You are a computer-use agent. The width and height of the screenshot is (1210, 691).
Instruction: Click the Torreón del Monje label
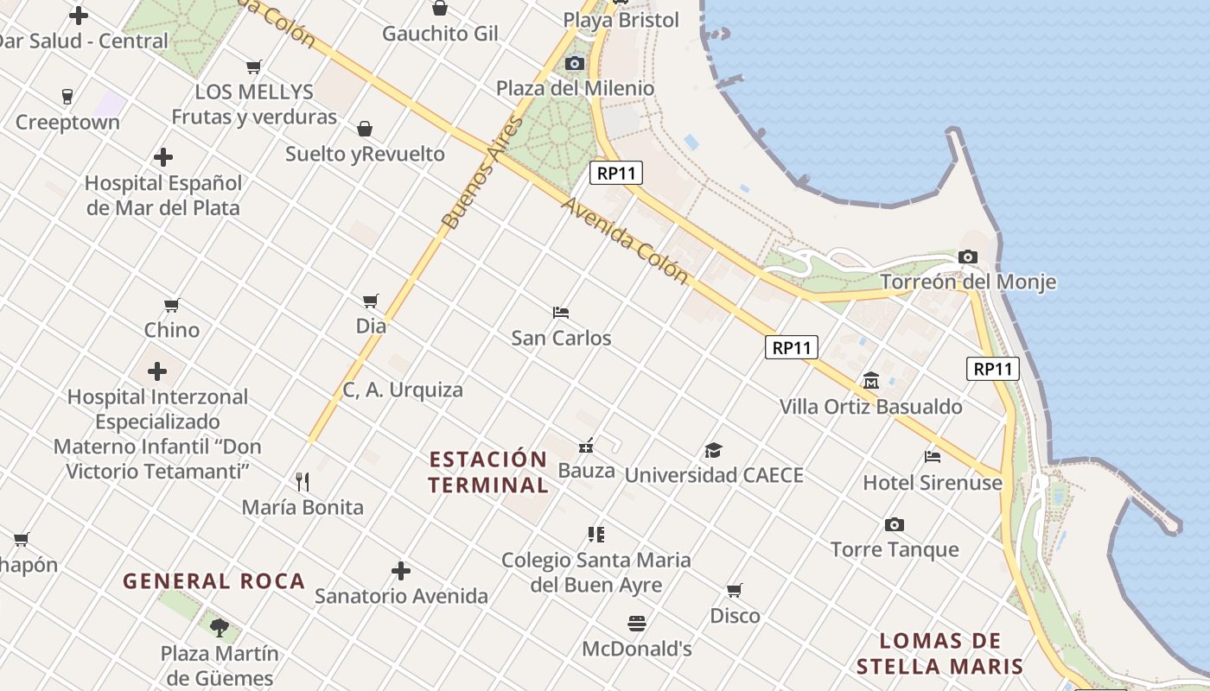point(968,282)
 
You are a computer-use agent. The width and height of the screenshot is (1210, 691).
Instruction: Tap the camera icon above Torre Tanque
point(895,524)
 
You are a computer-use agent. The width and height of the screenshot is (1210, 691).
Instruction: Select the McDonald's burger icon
point(637,624)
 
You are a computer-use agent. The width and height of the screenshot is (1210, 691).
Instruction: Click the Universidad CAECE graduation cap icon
point(713,450)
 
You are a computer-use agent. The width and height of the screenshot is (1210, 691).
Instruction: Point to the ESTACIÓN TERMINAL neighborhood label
point(488,472)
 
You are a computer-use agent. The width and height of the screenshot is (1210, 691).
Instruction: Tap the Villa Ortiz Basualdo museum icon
point(870,381)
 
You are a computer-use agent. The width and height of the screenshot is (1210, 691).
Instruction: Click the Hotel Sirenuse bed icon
point(932,457)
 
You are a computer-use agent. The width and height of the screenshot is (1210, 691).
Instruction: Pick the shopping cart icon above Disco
point(734,591)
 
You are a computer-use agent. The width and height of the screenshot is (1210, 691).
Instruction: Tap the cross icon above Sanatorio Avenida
point(401,571)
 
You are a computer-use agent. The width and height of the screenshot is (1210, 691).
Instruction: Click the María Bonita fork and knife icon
point(302,481)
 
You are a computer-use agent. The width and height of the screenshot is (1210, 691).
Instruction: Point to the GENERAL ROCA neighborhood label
point(214,581)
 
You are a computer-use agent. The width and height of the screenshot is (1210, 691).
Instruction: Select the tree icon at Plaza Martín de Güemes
point(220,627)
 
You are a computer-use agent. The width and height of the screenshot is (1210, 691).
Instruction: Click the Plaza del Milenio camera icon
point(574,63)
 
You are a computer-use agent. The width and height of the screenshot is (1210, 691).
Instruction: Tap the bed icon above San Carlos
point(561,312)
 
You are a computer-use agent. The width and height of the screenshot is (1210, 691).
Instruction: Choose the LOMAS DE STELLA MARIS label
point(940,654)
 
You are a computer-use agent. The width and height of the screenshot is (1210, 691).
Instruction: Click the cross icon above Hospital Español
point(163,157)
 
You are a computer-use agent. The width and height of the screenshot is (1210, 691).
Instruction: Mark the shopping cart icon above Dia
point(371,301)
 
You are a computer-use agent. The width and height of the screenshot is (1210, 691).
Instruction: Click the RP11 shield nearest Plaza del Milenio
point(616,173)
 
